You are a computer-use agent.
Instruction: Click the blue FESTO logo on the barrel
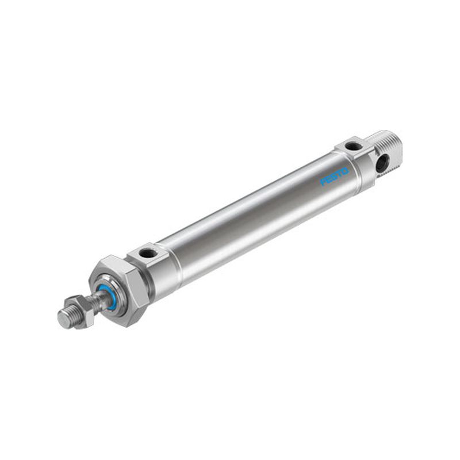click(x=335, y=177)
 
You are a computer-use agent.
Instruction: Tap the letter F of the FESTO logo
click(x=324, y=182)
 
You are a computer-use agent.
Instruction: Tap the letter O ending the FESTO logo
click(x=345, y=171)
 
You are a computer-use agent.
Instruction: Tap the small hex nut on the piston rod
click(x=80, y=311)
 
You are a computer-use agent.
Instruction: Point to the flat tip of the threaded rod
click(x=65, y=319)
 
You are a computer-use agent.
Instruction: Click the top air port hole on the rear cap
click(x=351, y=145)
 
